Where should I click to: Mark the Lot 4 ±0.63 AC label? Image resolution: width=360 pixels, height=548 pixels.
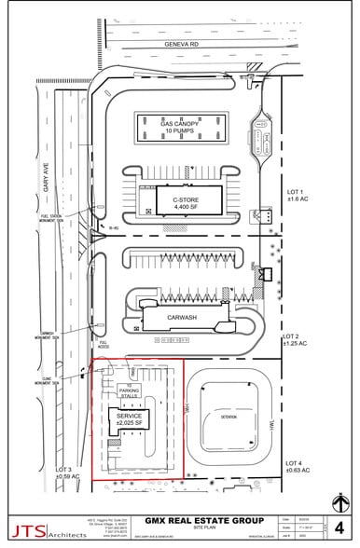(298, 467)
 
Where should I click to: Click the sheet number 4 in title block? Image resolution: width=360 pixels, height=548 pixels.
(339, 527)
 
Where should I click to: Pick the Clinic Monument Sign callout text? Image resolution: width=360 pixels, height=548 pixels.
(46, 380)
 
